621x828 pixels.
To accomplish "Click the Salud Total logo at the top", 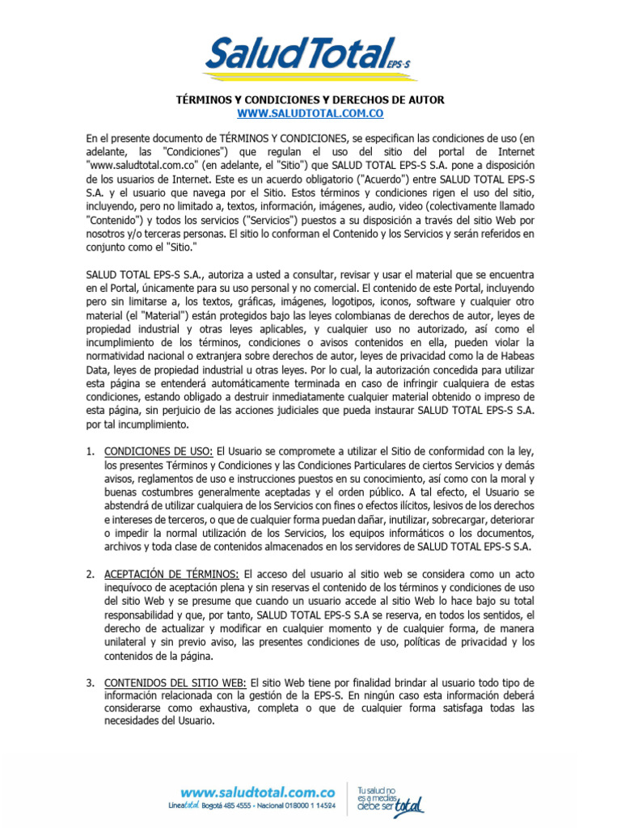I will tap(310, 54).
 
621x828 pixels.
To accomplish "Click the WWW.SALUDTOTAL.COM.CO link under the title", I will tap(310, 113).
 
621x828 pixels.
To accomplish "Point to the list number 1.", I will tap(91, 450).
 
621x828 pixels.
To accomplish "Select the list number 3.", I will tap(91, 683).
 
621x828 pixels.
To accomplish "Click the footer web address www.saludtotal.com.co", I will tap(258, 793).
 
